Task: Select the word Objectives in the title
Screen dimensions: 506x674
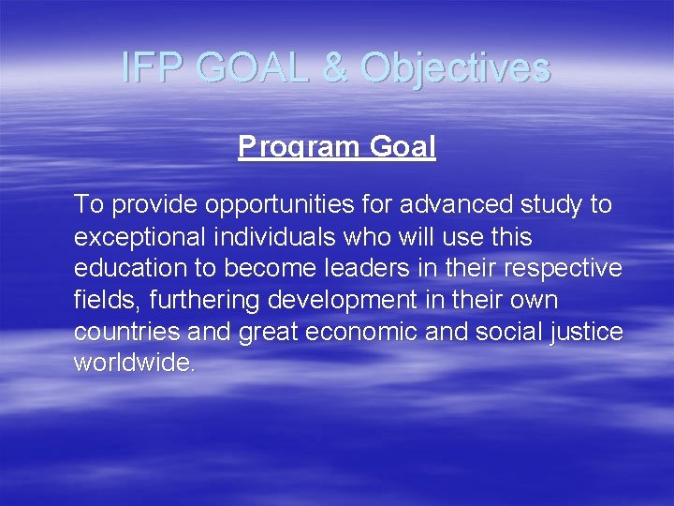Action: point(455,67)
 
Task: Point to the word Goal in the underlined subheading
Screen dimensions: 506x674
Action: point(403,148)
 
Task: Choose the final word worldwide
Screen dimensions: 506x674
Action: point(135,364)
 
